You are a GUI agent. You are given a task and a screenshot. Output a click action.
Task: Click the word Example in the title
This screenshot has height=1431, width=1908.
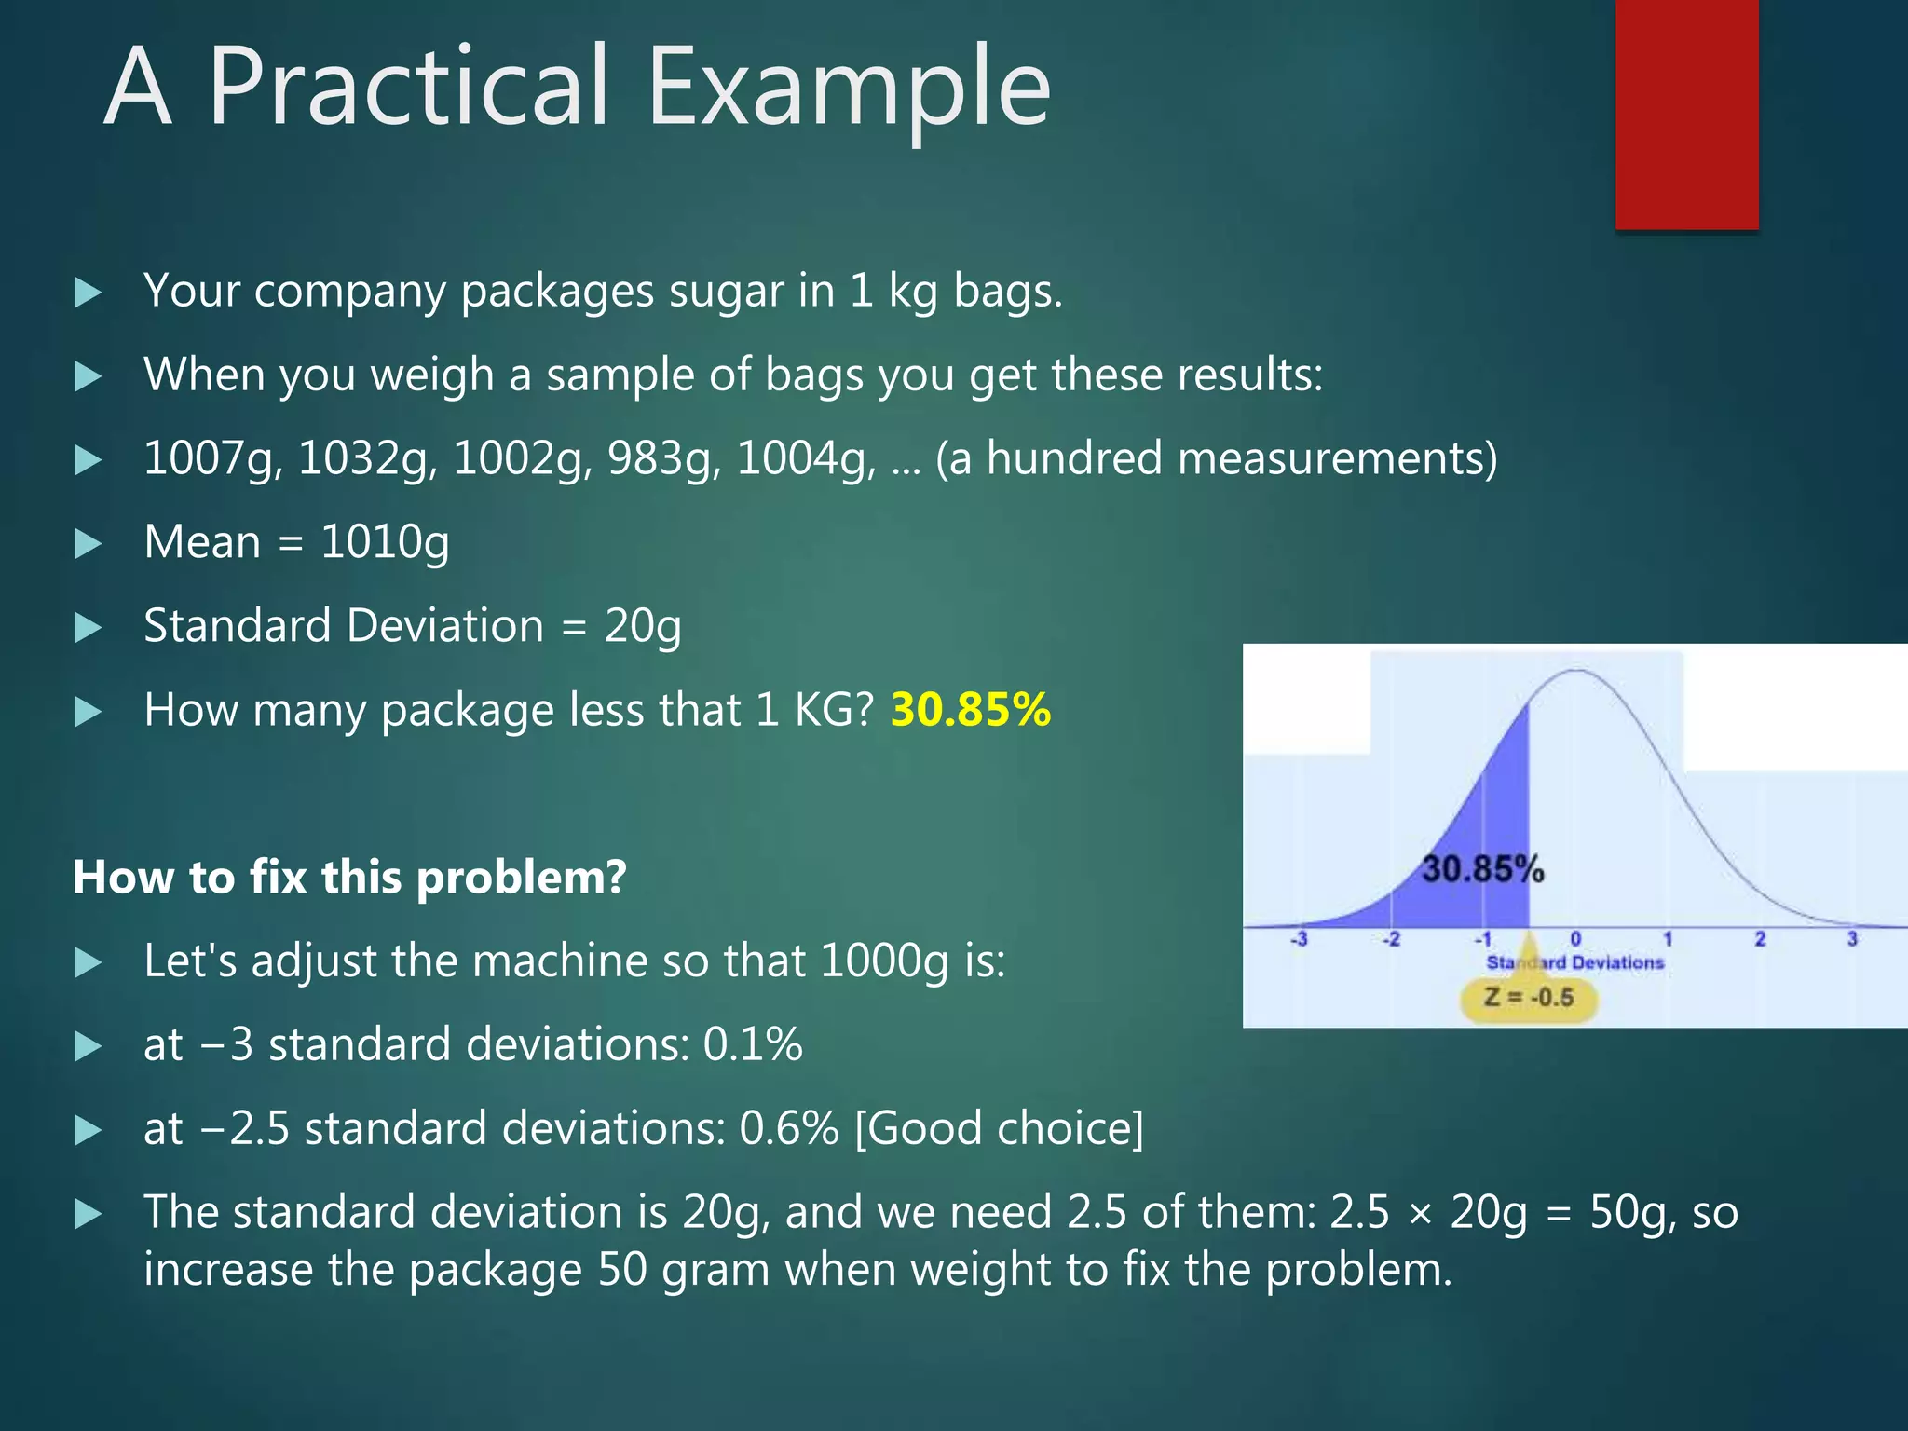(x=848, y=89)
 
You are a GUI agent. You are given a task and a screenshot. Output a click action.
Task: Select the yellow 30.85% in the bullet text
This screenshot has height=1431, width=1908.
(x=971, y=710)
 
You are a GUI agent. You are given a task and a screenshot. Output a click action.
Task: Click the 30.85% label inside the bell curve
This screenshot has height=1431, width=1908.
(x=1482, y=869)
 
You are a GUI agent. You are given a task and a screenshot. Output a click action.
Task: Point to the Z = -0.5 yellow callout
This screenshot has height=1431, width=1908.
(x=1528, y=998)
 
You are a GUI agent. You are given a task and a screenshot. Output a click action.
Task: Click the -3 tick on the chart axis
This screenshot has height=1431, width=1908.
(x=1299, y=939)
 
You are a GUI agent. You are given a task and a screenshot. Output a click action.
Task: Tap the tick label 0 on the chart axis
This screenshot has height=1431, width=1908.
(x=1575, y=939)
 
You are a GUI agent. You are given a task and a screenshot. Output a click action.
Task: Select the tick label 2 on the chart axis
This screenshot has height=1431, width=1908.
(x=1760, y=939)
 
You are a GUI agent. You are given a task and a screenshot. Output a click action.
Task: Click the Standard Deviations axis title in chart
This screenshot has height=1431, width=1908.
(x=1574, y=962)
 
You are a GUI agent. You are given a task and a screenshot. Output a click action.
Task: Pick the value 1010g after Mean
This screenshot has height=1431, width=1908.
(x=385, y=543)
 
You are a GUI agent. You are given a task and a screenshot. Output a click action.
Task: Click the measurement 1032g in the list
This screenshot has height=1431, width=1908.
(x=366, y=459)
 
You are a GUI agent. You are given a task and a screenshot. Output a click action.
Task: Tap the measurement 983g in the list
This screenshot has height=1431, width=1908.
(x=662, y=459)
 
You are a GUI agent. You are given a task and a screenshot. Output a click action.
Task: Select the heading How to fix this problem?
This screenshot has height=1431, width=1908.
(x=349, y=878)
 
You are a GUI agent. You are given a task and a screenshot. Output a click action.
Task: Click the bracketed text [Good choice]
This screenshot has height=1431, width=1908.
(x=999, y=1129)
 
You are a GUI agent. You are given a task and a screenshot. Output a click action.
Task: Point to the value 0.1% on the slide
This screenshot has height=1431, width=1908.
(x=752, y=1045)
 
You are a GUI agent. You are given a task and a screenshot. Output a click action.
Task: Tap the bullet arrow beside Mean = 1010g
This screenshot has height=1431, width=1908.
(x=88, y=543)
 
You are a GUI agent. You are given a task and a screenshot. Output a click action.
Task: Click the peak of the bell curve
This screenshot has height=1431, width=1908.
(x=1575, y=671)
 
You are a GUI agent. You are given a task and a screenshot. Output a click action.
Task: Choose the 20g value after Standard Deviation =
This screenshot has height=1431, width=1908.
(x=642, y=627)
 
